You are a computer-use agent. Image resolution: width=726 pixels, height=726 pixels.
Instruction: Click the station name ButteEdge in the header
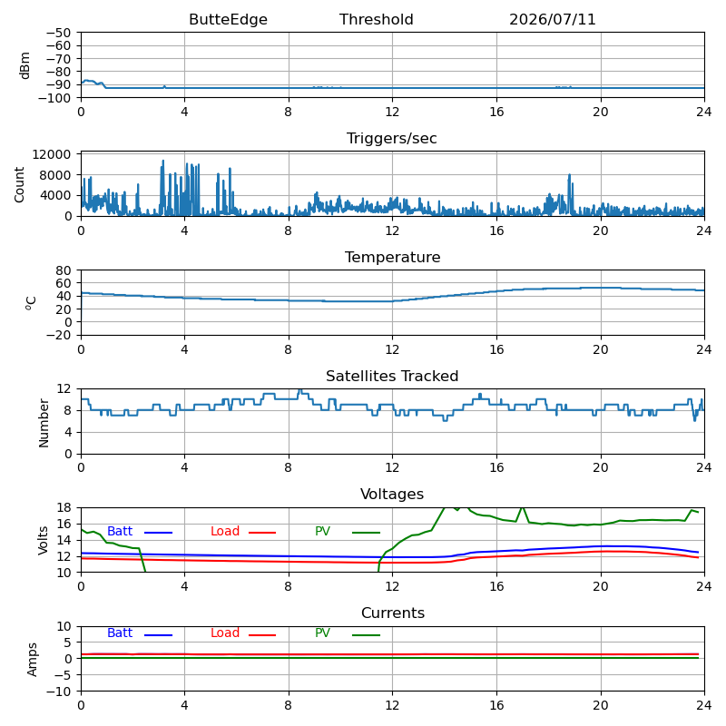click(228, 19)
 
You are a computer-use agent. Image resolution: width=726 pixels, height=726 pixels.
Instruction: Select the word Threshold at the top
click(376, 19)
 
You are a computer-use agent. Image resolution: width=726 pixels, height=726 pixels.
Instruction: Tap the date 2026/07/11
click(553, 19)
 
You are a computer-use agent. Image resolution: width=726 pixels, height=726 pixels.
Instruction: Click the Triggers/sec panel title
click(392, 139)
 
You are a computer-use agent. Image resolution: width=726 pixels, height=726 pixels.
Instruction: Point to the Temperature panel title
click(392, 257)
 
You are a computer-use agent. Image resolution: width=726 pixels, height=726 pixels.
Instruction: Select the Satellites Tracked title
click(392, 376)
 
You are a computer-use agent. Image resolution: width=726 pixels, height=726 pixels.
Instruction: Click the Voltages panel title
click(392, 494)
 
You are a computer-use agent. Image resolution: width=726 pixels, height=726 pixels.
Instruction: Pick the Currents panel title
click(393, 613)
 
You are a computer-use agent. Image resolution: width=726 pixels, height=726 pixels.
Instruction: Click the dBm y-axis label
click(25, 65)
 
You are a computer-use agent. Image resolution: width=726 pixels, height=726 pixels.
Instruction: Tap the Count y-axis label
click(19, 184)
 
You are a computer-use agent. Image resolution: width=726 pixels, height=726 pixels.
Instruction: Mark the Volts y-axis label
click(43, 540)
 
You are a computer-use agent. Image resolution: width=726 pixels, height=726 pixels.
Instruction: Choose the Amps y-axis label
click(32, 660)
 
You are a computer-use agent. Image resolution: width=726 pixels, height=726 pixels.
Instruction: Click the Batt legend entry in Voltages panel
click(120, 531)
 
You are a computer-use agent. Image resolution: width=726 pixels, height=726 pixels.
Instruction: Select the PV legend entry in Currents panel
click(323, 633)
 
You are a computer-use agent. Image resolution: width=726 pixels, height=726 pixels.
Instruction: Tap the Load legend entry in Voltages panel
click(225, 531)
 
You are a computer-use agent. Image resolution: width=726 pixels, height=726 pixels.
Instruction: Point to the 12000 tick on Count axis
click(52, 154)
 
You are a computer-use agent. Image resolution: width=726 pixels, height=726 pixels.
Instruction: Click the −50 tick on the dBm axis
click(58, 33)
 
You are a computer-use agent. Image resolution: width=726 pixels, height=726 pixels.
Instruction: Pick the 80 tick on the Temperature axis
click(64, 270)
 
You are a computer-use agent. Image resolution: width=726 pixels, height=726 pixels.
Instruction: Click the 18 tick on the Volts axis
click(64, 507)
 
